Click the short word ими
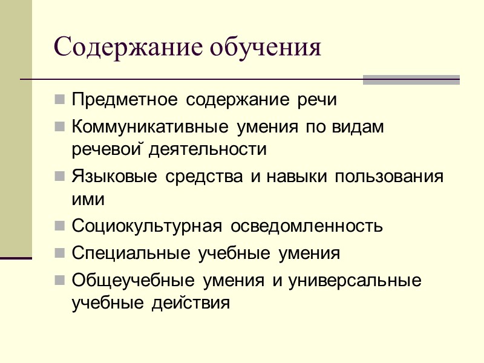(88, 198)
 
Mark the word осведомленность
(307, 226)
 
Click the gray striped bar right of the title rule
(411, 79)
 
